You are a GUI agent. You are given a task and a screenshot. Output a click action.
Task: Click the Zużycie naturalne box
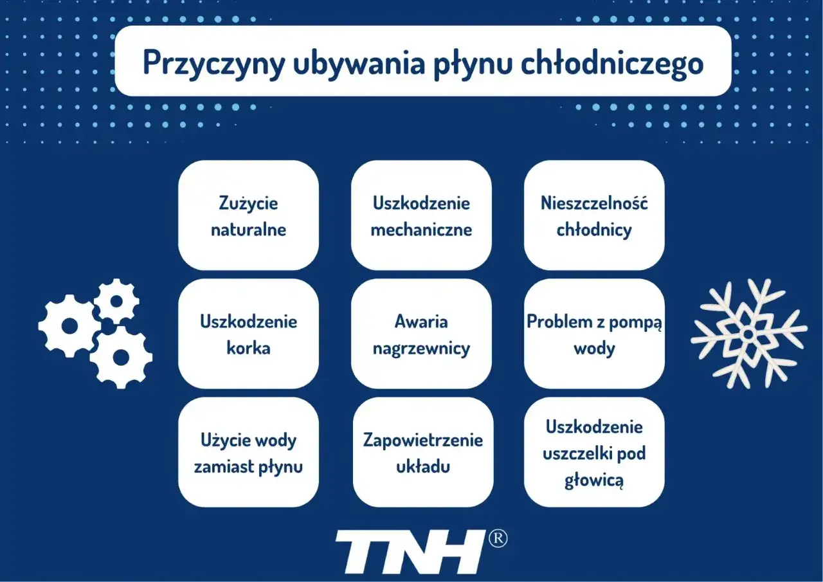pos(248,215)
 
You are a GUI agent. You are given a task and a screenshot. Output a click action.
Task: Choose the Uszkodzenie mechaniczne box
pos(421,215)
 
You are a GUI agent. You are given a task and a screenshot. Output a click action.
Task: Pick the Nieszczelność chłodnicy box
pos(594,215)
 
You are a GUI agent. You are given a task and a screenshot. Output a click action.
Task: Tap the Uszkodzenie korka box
pos(248,334)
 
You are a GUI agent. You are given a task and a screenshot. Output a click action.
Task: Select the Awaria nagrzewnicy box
pos(421,334)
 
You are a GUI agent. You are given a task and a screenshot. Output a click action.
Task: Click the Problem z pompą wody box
pos(594,334)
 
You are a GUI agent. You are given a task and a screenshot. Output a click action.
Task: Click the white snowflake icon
pos(748,333)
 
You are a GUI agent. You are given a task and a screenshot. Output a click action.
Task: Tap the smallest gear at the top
pos(116,300)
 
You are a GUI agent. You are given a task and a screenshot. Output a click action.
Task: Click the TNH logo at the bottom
pos(410,552)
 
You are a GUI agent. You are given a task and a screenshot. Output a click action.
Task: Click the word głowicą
pos(594,480)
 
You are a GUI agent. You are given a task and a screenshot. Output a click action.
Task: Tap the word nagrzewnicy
pos(421,348)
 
